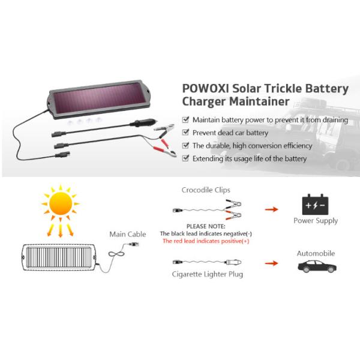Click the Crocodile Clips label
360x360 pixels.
click(x=206, y=190)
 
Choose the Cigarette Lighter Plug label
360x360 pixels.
click(x=205, y=274)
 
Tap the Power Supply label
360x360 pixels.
click(x=316, y=221)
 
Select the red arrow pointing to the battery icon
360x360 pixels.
click(x=272, y=210)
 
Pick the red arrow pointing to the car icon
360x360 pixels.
click(x=272, y=263)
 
